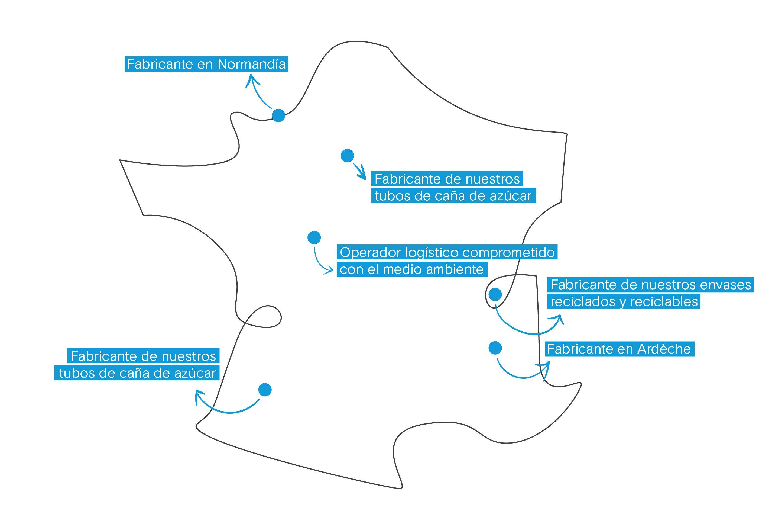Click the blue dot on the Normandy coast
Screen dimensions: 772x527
278,115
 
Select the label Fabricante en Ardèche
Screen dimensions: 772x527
620,349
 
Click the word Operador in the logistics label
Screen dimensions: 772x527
371,253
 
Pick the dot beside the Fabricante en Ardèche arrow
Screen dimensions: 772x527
495,348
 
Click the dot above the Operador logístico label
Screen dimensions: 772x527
314,237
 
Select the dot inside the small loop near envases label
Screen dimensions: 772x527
495,294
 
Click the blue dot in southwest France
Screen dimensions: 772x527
265,390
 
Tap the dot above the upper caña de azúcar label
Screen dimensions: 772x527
348,156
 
